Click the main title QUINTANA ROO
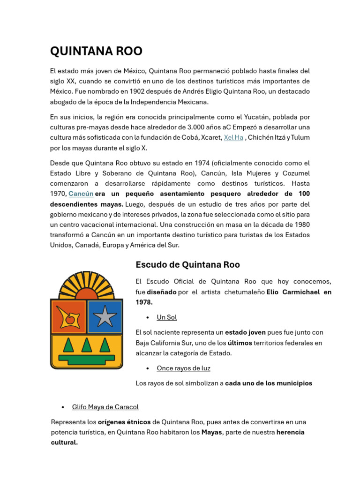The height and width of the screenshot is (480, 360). pos(96,51)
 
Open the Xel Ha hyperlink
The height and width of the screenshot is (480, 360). pos(233,137)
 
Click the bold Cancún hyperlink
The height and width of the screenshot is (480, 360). pos(81,194)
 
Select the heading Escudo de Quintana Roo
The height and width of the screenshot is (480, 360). pos(187,264)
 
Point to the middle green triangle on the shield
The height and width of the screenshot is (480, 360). pos(86,345)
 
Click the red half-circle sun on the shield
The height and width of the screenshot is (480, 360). pos(86,295)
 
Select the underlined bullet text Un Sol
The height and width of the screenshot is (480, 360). pos(166,317)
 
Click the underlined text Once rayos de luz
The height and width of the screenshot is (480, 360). pos(183,368)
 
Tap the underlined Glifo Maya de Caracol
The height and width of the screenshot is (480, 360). pos(105,407)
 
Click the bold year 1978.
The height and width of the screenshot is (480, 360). pos(143,302)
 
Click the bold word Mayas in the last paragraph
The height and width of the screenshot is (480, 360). pos(211,432)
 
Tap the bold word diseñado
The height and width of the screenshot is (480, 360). pos(162,292)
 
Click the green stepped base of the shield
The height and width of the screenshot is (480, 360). pos(86,360)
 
